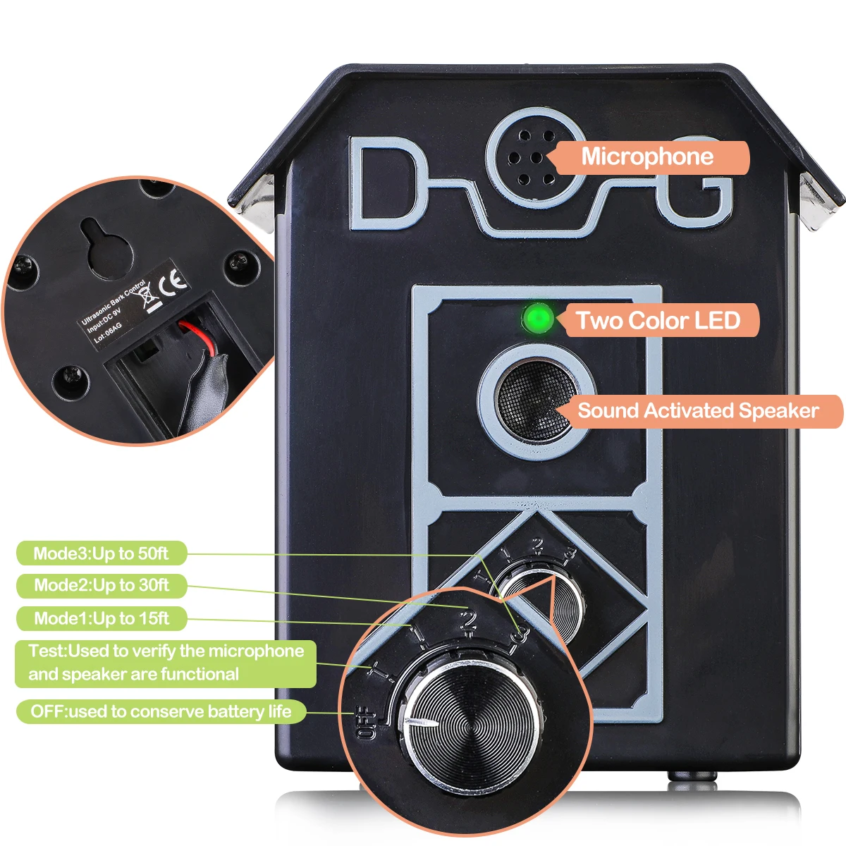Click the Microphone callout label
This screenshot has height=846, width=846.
(x=647, y=157)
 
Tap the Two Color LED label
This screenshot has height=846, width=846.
(x=658, y=321)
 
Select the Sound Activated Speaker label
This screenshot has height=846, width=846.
(x=698, y=411)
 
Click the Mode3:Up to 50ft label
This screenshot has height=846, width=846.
(x=101, y=553)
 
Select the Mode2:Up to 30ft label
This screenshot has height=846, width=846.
(x=102, y=585)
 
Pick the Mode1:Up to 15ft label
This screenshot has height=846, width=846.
(x=102, y=618)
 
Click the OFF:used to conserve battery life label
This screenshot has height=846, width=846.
(x=161, y=711)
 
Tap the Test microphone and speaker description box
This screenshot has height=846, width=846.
(x=166, y=663)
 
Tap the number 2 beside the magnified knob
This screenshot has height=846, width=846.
(x=467, y=621)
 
